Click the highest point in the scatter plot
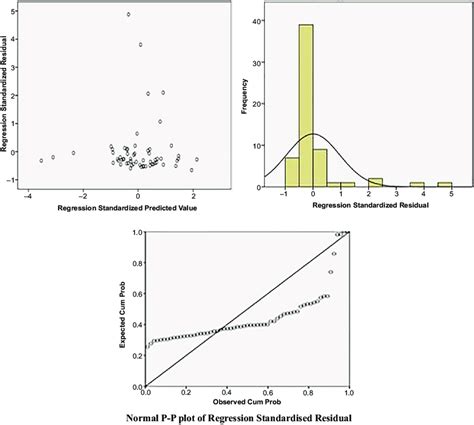128,15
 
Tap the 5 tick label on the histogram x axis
451,198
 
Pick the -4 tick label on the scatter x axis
27,197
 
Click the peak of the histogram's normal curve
312,134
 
